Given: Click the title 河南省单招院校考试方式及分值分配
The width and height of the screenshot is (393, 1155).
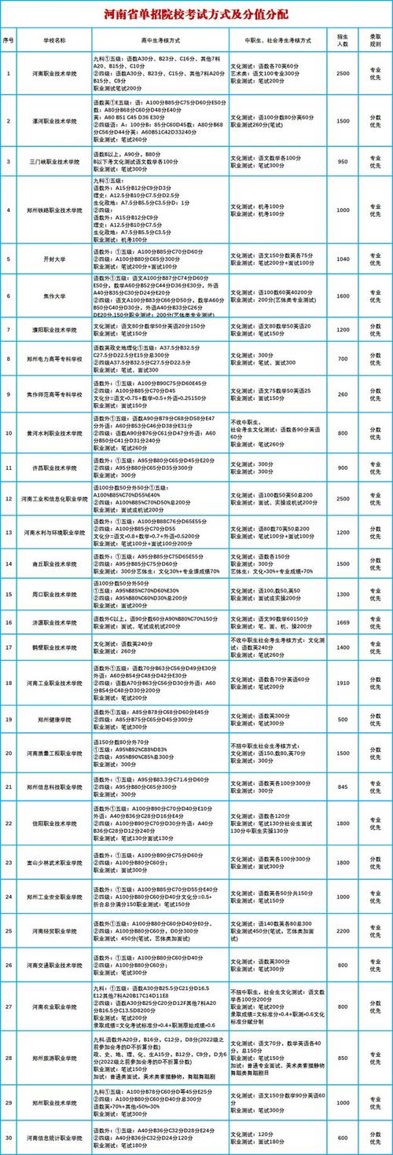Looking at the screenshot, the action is [x=196, y=14].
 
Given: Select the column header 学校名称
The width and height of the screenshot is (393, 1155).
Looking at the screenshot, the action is [x=53, y=38].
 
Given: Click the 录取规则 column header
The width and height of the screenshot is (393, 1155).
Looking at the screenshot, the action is [x=376, y=38].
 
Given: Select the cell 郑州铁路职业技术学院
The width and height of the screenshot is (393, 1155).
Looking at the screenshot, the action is [x=53, y=211].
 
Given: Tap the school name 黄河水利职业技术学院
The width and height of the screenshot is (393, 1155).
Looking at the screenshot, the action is [x=53, y=432].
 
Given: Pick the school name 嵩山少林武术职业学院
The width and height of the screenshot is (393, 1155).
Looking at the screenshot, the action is [x=53, y=862].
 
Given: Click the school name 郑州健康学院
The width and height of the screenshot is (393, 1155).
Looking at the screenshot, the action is [x=53, y=720].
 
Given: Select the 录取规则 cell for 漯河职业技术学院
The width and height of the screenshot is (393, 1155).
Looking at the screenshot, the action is [x=376, y=121].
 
